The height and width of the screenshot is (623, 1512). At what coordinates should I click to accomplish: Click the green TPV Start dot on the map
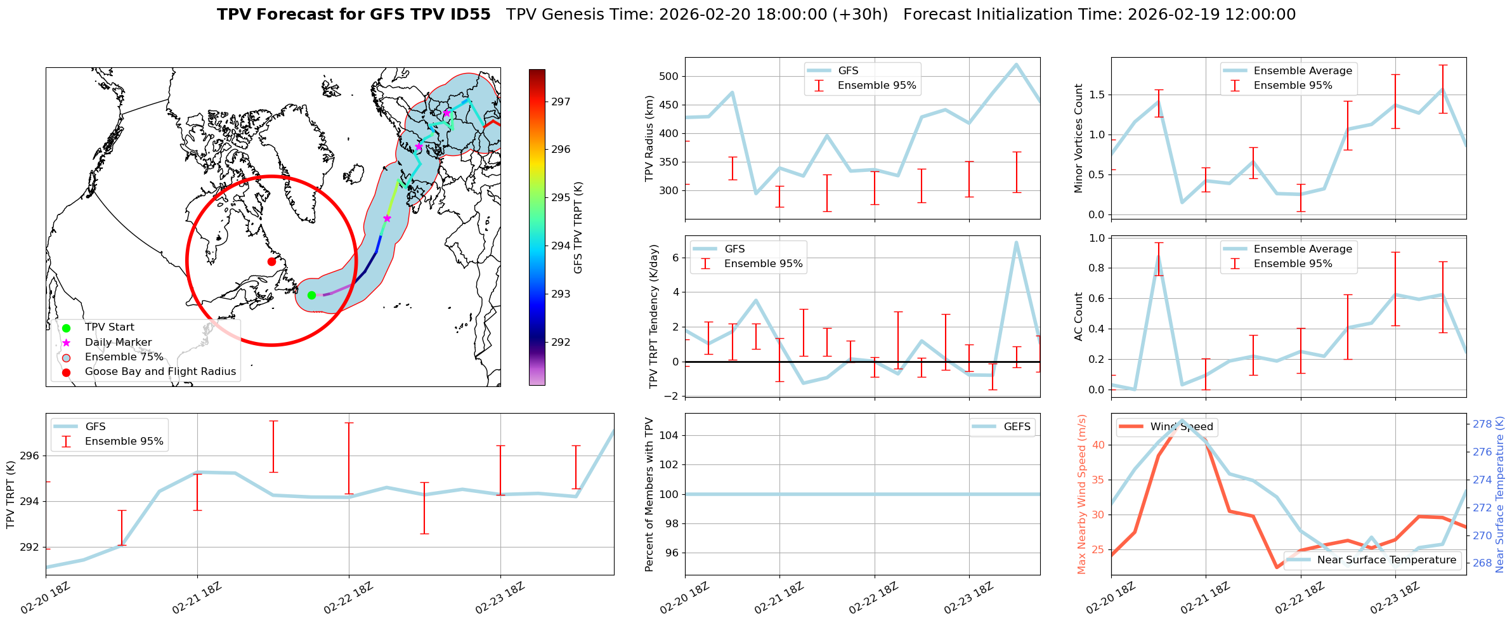coord(311,295)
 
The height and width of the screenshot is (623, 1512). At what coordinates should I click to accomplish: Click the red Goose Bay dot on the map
coord(271,261)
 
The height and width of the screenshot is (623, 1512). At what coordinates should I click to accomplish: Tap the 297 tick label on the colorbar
coord(561,102)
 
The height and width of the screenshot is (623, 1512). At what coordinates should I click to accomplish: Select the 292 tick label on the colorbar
coord(561,343)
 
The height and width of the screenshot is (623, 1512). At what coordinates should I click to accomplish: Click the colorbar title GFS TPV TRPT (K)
coord(578,228)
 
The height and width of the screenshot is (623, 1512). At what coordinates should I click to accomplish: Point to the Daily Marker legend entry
coord(118,343)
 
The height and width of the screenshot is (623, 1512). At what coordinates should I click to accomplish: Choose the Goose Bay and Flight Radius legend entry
coord(160,372)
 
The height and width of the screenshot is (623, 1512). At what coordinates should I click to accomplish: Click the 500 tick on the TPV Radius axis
coord(669,77)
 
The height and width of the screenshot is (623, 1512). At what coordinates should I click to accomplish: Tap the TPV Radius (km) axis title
coord(649,138)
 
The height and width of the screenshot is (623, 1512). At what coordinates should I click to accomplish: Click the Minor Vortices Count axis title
coord(1079,138)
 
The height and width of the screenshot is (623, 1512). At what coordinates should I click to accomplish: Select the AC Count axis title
coord(1079,317)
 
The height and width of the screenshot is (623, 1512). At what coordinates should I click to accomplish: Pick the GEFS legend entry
coord(1017,427)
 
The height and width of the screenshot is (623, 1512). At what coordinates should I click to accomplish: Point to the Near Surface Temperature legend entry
coord(1386,560)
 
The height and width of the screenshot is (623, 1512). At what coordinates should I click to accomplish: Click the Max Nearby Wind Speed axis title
coord(1082,494)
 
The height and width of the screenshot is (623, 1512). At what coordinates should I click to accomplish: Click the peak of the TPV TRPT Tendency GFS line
coord(1016,242)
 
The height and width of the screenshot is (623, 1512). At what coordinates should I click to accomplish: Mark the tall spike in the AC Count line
coord(1159,256)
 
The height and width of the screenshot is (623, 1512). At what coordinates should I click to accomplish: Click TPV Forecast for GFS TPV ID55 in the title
coord(354,15)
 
